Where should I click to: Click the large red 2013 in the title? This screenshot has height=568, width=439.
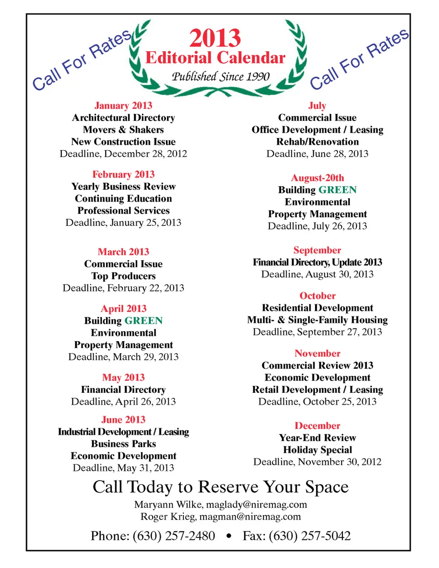point(215,38)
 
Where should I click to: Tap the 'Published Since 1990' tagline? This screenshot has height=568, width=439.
point(220,76)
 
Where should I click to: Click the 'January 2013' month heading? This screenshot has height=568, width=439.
point(123,106)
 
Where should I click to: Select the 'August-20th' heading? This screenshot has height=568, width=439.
point(317,178)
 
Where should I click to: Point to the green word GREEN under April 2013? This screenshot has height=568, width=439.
point(143,321)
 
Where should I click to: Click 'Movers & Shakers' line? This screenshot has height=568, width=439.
point(123,130)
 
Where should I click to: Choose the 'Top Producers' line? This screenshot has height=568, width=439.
point(123,276)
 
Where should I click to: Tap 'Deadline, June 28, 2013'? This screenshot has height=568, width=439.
point(317,154)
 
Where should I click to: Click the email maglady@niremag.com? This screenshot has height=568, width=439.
point(256,504)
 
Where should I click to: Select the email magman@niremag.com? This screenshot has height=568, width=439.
point(250,517)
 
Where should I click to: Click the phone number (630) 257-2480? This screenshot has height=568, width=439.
point(174,536)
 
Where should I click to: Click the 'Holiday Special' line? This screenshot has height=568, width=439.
point(317,450)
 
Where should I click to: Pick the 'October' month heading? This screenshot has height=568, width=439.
point(317,296)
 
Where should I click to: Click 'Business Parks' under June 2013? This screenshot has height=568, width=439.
point(123,444)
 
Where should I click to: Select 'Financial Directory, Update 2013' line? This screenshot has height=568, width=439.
point(317,263)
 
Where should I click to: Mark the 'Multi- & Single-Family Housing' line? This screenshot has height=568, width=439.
point(317,320)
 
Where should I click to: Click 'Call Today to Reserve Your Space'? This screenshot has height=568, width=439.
point(220,487)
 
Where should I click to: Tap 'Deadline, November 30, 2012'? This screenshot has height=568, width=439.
point(317,462)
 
